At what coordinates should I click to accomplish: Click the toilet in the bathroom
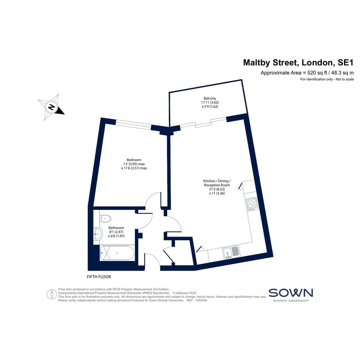point(106,218)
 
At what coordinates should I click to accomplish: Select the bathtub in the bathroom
point(117,253)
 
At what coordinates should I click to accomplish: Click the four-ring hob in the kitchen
point(252,205)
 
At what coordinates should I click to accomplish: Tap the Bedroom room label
point(134,160)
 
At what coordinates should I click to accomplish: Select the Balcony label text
point(210,98)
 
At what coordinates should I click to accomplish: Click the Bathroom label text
point(116,228)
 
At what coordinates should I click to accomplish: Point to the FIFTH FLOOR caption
point(99,277)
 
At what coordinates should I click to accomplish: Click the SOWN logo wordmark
point(291,293)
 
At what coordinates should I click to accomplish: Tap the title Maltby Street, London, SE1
point(298,62)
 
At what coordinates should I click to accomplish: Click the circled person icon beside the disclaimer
point(52,294)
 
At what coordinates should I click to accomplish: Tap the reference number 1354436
point(201,300)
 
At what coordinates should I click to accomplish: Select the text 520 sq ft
point(317,73)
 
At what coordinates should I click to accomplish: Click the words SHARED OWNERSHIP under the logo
point(291,301)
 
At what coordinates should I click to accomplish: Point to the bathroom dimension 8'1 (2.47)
point(116,232)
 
